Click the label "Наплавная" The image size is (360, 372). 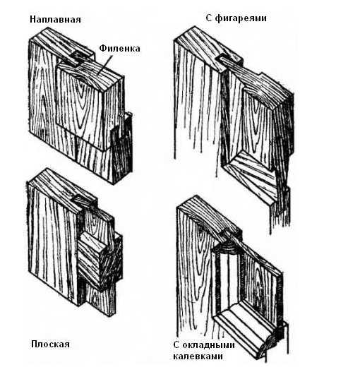point(55,20)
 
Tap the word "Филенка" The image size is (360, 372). point(119,49)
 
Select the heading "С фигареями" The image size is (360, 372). point(236,18)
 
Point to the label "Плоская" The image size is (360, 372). point(51,344)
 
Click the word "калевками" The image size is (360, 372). point(198,356)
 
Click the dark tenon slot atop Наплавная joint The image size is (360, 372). point(78,55)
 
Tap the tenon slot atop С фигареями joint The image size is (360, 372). point(224,59)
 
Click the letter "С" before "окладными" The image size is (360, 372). point(176,345)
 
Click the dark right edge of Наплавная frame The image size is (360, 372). point(122,147)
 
